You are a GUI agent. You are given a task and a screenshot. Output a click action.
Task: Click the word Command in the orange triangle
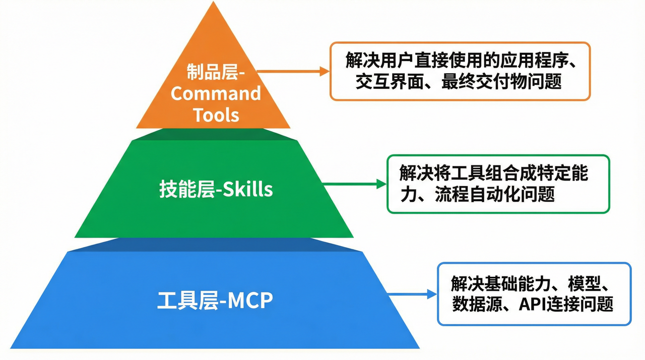click(216, 94)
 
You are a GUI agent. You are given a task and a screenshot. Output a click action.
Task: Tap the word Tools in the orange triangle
click(216, 115)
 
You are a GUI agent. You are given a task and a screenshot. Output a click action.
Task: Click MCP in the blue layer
click(250, 301)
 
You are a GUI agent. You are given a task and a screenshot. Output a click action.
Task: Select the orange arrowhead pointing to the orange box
click(325, 72)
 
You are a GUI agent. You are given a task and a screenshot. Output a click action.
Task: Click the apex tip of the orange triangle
click(213, 3)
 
